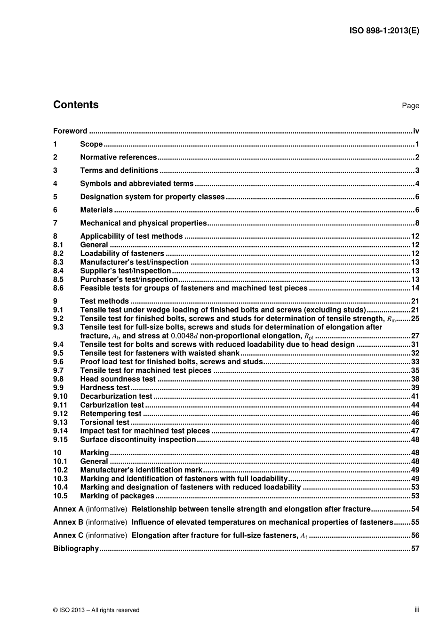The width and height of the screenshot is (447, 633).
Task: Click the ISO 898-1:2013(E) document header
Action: [x=384, y=31]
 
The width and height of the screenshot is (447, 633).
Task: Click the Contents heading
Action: [x=76, y=105]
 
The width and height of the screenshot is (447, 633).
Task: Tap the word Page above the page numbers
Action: [x=410, y=106]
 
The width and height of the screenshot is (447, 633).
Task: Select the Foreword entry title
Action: [x=70, y=131]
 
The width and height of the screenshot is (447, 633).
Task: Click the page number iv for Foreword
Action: [x=416, y=131]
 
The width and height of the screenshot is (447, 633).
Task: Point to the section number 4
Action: [x=55, y=184]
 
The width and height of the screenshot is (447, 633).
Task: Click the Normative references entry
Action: [x=118, y=158]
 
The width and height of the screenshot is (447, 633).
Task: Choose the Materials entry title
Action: [x=96, y=210]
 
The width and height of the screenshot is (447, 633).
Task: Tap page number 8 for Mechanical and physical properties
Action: [x=417, y=224]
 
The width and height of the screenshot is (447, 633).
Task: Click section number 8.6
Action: [x=58, y=288]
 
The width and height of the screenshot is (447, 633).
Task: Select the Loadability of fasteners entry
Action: [x=122, y=254]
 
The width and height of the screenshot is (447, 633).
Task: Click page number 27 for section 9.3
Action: [x=415, y=336]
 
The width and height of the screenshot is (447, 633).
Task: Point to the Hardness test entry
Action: [x=104, y=388]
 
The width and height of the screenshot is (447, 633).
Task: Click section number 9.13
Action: [x=60, y=423]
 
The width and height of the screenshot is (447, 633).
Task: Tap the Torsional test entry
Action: [x=104, y=423]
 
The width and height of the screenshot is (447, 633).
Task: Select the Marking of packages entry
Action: [x=117, y=496]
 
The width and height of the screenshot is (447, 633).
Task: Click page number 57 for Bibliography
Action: [x=415, y=549]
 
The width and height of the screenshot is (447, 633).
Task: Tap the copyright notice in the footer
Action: [x=96, y=610]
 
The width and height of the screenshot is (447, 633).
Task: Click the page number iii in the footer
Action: [x=417, y=609]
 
